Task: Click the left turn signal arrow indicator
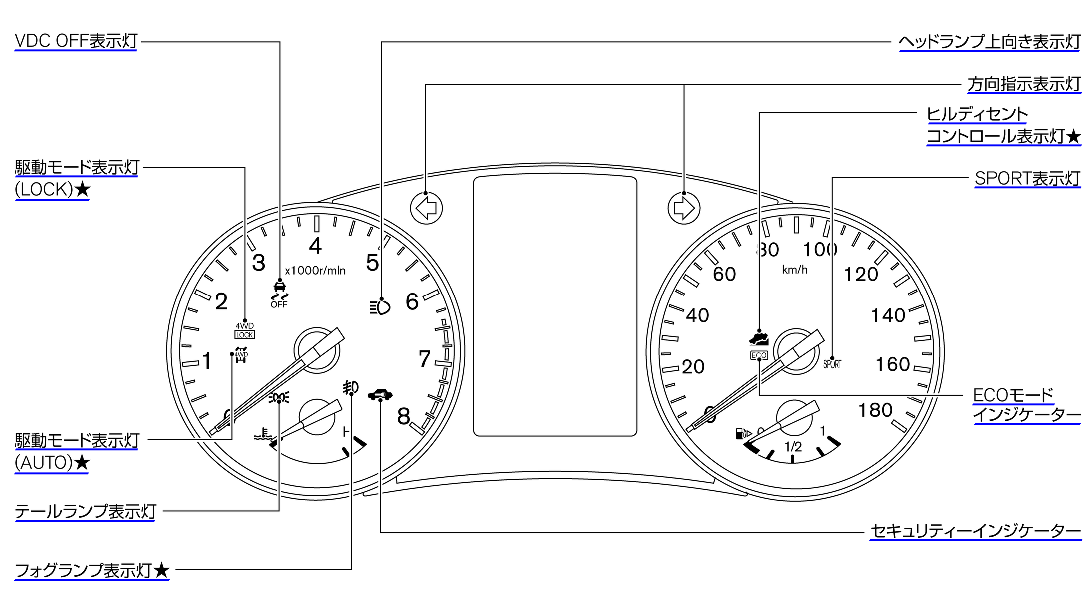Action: tap(426, 208)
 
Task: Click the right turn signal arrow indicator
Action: tap(684, 208)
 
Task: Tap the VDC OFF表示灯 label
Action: tap(76, 41)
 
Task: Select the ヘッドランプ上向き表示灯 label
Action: tap(989, 42)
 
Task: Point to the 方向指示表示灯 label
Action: tap(1024, 84)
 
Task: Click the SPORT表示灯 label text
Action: tap(1027, 178)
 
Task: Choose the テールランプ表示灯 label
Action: tap(85, 511)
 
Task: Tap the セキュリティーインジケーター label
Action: tap(975, 531)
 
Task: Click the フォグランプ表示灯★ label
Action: tap(92, 570)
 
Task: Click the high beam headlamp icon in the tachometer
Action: tap(380, 307)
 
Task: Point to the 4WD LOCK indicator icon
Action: tap(245, 331)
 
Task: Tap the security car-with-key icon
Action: tap(380, 395)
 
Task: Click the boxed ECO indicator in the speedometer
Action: tap(759, 355)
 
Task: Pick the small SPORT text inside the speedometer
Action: tap(832, 364)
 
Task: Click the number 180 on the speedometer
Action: tap(875, 410)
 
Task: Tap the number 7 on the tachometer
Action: tap(424, 359)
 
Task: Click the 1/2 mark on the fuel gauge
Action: tap(793, 446)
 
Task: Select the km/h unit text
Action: tap(795, 270)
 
